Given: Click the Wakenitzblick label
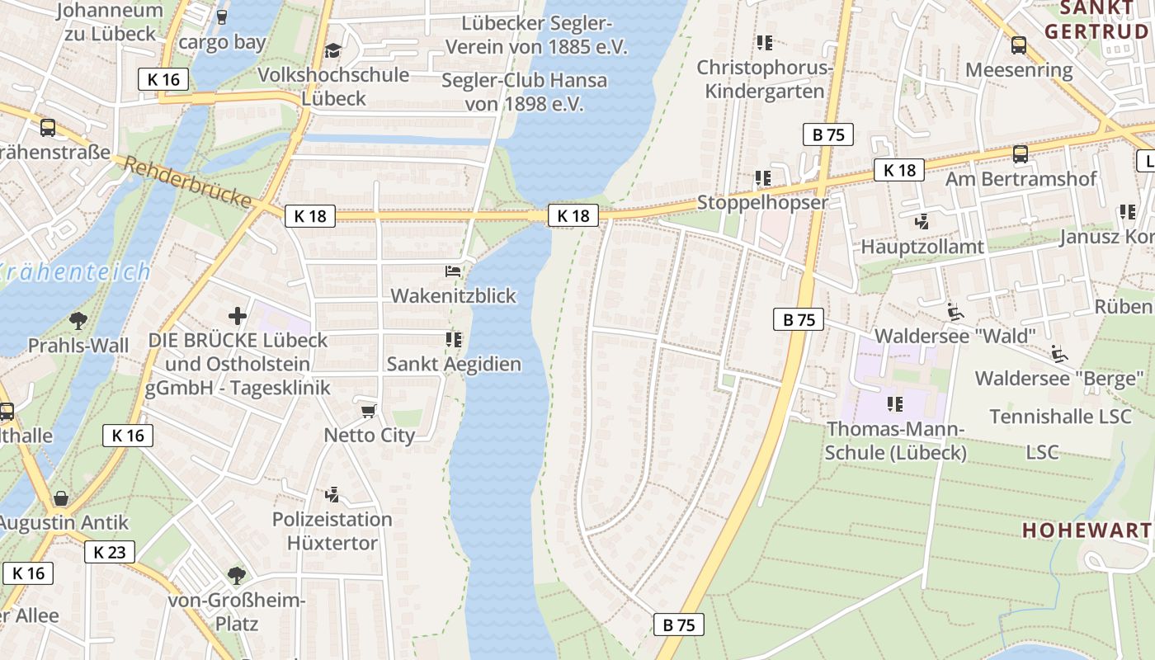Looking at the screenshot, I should click(453, 295).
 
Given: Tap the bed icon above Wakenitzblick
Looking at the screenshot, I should click(453, 271).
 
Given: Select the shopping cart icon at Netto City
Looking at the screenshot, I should click(369, 410).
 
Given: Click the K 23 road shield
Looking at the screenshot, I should click(109, 552).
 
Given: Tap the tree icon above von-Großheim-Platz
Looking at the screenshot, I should click(237, 575).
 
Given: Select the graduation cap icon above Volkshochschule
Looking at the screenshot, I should click(332, 51).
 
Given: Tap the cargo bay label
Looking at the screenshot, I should click(222, 42).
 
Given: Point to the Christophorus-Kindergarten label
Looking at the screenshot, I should click(765, 79).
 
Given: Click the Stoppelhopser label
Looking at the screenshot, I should click(762, 202).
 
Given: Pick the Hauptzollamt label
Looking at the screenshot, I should click(922, 247).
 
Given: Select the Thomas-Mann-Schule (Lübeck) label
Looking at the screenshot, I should click(895, 441).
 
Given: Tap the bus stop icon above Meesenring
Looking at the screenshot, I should click(1019, 45).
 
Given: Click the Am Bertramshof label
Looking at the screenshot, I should click(1021, 179).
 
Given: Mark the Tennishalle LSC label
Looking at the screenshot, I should click(1060, 417).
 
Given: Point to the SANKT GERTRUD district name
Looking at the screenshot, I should click(1096, 20).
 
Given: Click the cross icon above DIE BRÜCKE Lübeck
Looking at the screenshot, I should click(238, 315).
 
